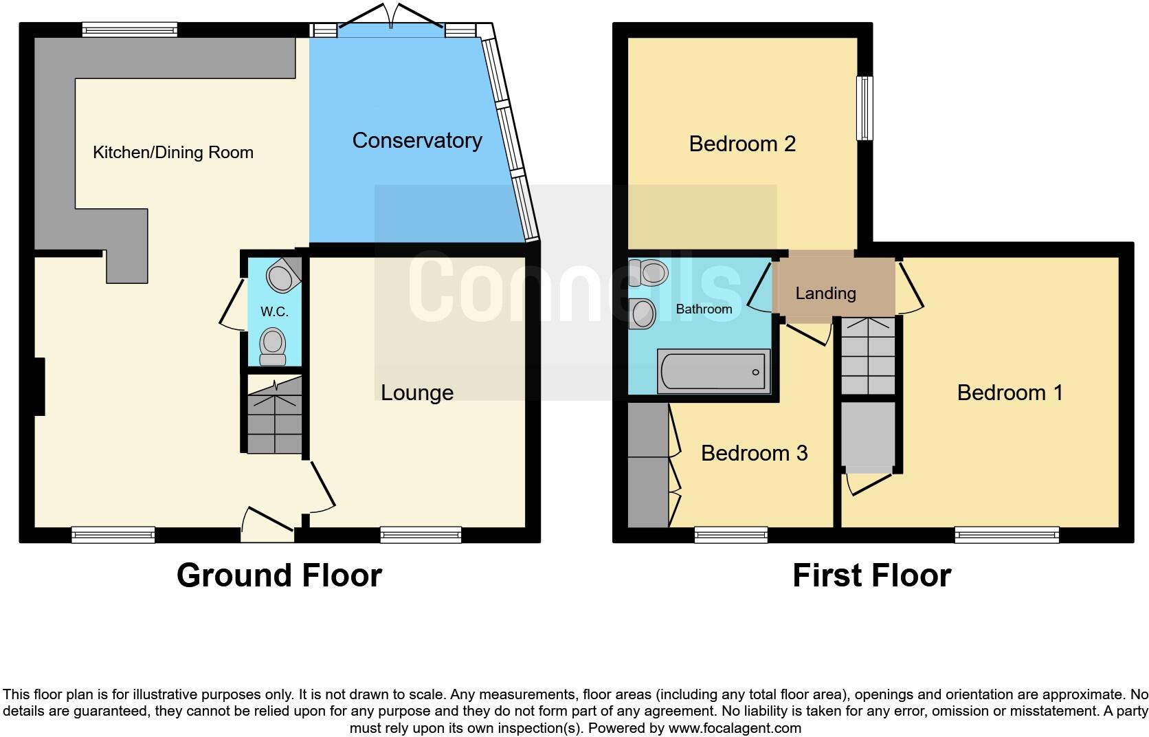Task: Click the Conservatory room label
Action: pyautogui.click(x=416, y=140)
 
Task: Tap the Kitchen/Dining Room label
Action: pyautogui.click(x=173, y=152)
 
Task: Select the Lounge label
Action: pyautogui.click(x=417, y=393)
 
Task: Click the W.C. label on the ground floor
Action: pyautogui.click(x=274, y=312)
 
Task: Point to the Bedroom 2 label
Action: pyautogui.click(x=742, y=144)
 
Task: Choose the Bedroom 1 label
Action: pyautogui.click(x=1009, y=393)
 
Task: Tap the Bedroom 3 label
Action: pyautogui.click(x=754, y=453)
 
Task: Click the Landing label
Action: pyautogui.click(x=825, y=294)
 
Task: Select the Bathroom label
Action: pyautogui.click(x=704, y=309)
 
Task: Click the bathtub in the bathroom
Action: pyautogui.click(x=713, y=371)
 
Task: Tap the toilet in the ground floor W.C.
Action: pyautogui.click(x=273, y=346)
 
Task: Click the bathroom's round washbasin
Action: pyautogui.click(x=643, y=313)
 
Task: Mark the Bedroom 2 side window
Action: pyautogui.click(x=864, y=108)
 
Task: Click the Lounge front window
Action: pyautogui.click(x=421, y=534)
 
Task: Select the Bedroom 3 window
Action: pyautogui.click(x=730, y=534)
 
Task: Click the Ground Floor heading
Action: pyautogui.click(x=279, y=575)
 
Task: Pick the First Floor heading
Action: pyautogui.click(x=871, y=575)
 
